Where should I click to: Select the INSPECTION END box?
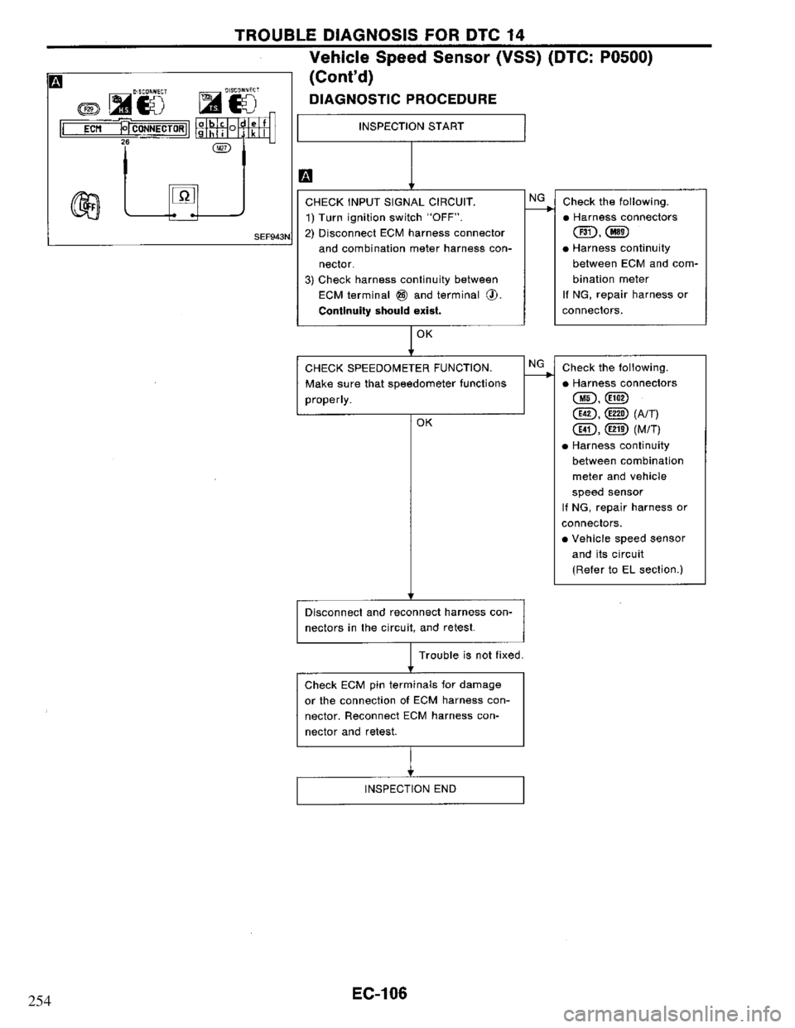(410, 789)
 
